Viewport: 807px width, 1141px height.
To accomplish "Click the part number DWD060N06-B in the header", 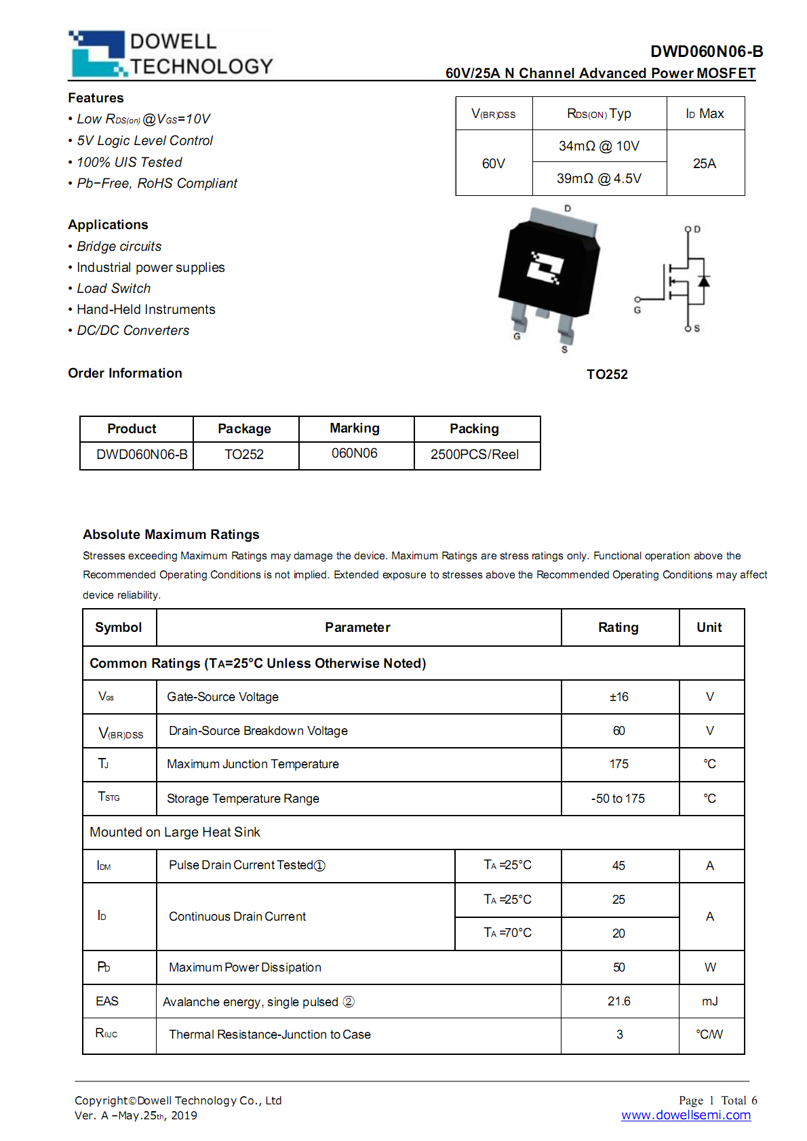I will (x=706, y=52).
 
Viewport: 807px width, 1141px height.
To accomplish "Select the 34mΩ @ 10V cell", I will (x=599, y=146).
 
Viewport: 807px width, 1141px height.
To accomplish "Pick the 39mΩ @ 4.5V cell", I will (x=599, y=178).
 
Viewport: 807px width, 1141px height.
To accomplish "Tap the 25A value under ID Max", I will (x=705, y=163).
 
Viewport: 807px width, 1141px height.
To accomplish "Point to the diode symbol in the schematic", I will (x=704, y=281).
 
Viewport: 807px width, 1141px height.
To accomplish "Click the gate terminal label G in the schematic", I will (x=637, y=310).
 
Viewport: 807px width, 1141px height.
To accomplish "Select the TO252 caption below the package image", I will (x=607, y=374).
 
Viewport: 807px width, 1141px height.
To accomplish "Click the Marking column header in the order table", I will (x=355, y=428).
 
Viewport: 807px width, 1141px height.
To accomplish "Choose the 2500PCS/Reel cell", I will (x=475, y=454).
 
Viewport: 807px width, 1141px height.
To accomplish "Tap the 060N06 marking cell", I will (x=355, y=454).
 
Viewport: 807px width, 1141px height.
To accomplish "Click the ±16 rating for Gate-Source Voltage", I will (x=619, y=697).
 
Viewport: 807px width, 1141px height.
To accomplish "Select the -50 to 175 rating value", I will (x=618, y=799).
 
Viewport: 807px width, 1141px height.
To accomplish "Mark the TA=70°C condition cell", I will (x=507, y=933).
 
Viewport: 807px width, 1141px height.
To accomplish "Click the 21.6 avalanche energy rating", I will (x=619, y=1001).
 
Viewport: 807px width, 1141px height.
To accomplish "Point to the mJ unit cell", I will (x=710, y=1001).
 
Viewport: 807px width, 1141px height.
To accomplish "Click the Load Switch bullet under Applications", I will (x=113, y=288).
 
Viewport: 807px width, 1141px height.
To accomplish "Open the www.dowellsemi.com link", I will (x=686, y=1115).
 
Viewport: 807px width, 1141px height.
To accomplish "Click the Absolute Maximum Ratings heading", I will (x=171, y=534).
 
